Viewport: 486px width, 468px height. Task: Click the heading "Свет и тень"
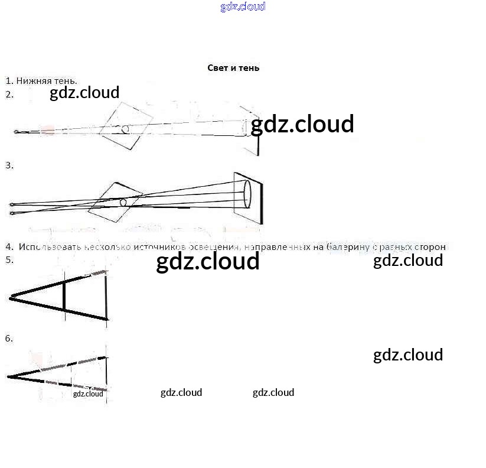233,68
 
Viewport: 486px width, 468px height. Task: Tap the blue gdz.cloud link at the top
243,6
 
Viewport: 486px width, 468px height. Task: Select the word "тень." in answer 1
66,80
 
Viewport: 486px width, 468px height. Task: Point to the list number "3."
9,165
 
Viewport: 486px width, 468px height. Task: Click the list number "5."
9,259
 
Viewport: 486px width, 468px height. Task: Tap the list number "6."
9,339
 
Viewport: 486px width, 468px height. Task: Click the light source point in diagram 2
16,132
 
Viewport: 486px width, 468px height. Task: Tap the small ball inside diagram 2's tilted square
125,129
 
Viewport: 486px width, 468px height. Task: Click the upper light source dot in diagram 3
12,205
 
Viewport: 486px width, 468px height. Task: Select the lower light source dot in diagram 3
12,212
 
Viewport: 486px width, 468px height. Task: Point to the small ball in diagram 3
123,203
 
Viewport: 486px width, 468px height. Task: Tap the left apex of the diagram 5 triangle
10,298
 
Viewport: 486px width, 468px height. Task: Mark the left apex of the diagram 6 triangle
9,376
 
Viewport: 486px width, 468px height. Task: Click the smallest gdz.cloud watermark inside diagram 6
88,394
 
